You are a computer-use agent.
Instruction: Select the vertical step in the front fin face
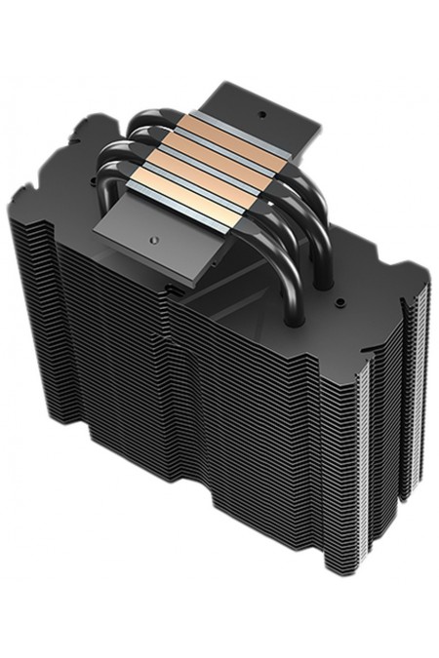(171, 390)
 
